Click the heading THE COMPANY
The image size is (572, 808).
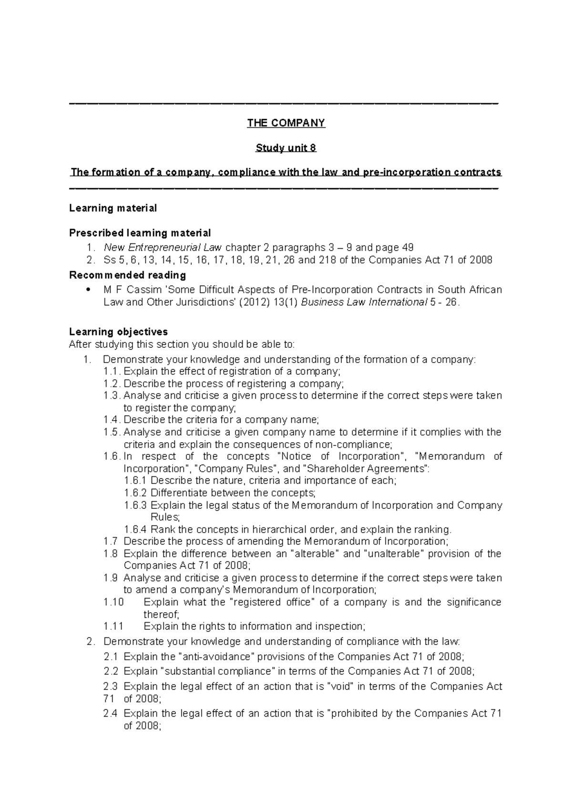(x=286, y=123)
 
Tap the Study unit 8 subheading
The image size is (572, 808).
(x=286, y=148)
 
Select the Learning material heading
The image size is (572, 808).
(x=113, y=208)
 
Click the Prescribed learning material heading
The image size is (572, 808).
(x=140, y=233)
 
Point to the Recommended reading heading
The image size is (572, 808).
(x=127, y=275)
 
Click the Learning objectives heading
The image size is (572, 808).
(x=118, y=332)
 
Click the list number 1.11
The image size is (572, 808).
(x=113, y=626)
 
